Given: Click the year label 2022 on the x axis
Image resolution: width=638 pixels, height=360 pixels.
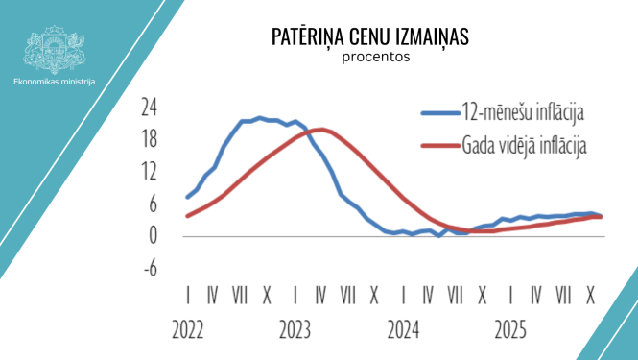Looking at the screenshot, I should [187, 332].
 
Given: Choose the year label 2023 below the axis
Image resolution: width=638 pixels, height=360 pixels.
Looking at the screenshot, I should [295, 332].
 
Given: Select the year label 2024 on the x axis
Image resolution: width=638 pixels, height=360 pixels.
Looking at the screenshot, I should [403, 332].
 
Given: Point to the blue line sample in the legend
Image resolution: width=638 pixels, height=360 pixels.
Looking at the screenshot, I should [443, 113].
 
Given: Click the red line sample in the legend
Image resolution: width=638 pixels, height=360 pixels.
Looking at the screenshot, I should [443, 147].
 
